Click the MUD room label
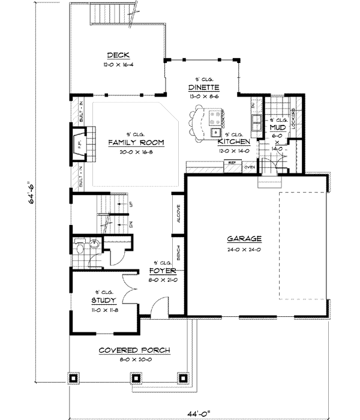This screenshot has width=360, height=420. pyautogui.click(x=277, y=128)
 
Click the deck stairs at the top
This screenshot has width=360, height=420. pyautogui.click(x=113, y=13)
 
